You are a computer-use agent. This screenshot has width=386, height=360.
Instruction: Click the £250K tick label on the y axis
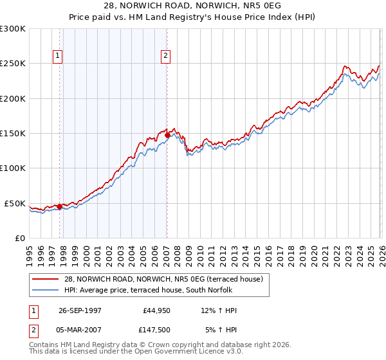(13, 64)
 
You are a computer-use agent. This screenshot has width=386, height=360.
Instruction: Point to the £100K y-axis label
(13, 168)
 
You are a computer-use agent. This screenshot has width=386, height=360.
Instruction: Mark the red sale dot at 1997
(59, 207)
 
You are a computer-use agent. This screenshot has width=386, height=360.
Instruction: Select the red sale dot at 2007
(167, 136)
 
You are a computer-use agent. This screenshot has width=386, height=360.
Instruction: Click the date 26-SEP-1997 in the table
(80, 310)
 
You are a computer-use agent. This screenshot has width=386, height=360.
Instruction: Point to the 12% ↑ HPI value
(219, 310)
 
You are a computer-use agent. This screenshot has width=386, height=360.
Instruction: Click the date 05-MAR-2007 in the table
(80, 331)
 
